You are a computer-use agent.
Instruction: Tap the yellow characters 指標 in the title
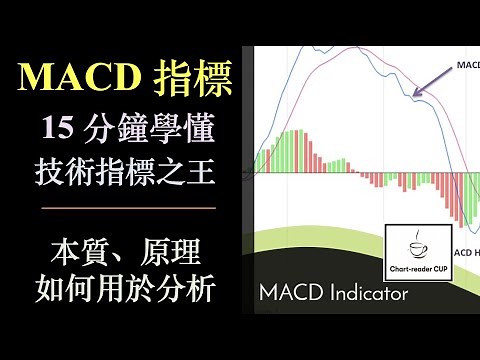tap(191, 76)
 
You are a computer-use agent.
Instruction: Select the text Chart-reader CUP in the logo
tap(417, 270)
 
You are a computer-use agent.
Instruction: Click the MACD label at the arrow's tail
tap(466, 64)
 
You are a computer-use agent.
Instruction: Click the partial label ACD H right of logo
tap(466, 254)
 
